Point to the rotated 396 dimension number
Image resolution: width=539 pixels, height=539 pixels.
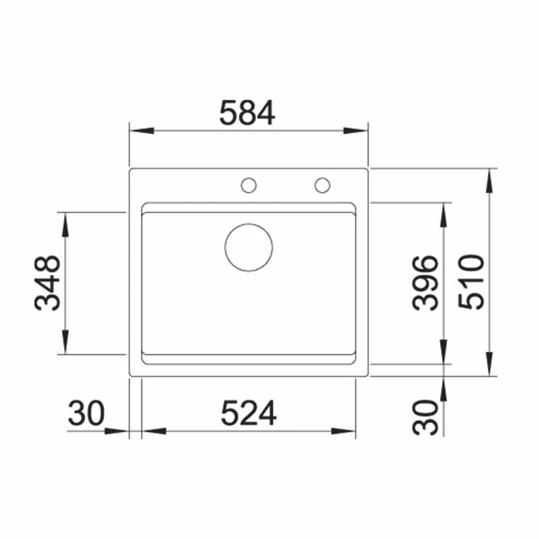(x=426, y=283)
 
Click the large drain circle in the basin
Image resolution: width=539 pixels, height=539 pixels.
(x=249, y=247)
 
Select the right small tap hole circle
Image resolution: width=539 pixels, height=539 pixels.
(x=322, y=185)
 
